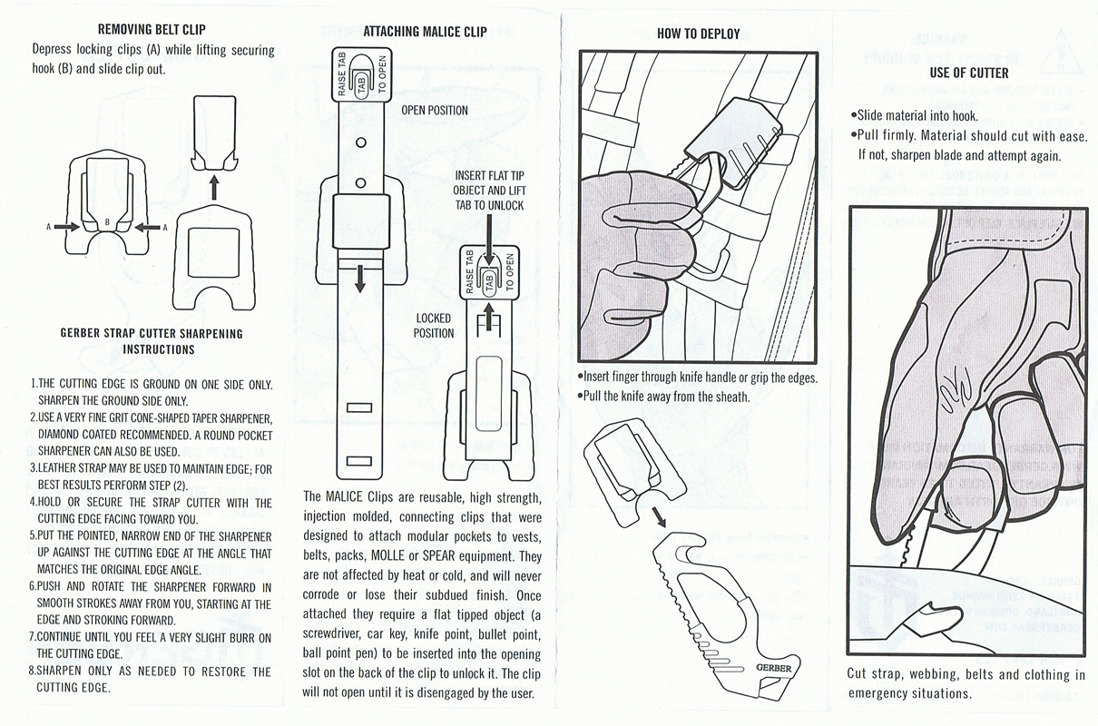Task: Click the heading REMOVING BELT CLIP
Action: click(x=152, y=30)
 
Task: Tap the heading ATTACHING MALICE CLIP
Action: click(x=425, y=32)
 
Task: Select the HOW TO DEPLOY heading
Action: click(x=698, y=34)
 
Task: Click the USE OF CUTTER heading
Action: click(x=968, y=73)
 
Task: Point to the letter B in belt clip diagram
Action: click(x=107, y=221)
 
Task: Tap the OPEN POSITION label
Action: click(x=435, y=111)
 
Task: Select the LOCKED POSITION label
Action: click(x=434, y=326)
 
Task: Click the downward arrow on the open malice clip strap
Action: click(x=360, y=278)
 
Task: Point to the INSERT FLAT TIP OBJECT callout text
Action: click(x=489, y=191)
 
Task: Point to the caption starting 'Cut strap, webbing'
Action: click(x=966, y=683)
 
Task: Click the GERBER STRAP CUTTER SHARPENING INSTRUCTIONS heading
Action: click(x=152, y=341)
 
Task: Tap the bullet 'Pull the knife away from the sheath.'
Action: click(x=663, y=397)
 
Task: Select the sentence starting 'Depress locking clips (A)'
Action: click(x=152, y=59)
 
